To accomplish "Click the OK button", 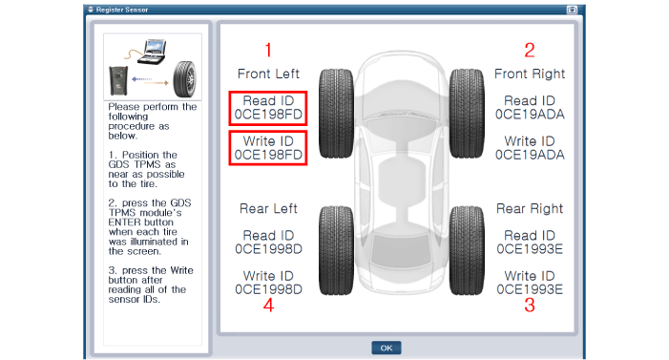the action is tap(387, 348).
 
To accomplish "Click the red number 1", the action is tap(268, 50).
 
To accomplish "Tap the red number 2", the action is tap(530, 50).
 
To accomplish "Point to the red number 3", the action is tap(530, 306).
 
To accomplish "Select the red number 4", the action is tap(268, 306).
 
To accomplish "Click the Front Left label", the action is tap(268, 74).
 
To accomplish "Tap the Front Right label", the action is tap(530, 74).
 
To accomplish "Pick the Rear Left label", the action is tap(268, 208).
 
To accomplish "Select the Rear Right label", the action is tap(530, 209).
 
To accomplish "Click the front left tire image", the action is tap(336, 114).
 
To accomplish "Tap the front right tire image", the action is tap(467, 114).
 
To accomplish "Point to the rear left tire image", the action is tap(336, 251).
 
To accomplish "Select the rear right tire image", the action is tap(467, 251).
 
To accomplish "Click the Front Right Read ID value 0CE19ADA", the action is tap(530, 115).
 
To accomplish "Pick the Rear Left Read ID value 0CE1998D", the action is tap(268, 249).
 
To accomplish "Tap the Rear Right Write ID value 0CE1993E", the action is tap(530, 289).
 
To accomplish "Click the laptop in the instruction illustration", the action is tap(152, 52).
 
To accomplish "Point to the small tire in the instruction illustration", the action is tap(184, 79).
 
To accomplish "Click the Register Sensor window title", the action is tap(122, 10).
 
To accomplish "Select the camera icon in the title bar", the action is tap(572, 10).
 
